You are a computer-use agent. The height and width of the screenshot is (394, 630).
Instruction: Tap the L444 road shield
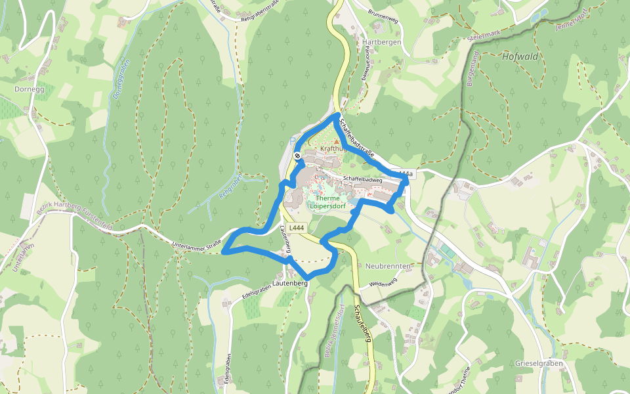coord(297,228)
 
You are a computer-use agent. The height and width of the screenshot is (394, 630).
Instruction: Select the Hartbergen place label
coord(381,41)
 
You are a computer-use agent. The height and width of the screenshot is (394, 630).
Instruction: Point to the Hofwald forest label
coord(519,56)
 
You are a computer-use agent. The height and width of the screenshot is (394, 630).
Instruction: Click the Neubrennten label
coord(388,266)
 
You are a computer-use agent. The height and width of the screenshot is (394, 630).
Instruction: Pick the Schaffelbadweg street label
coord(362,179)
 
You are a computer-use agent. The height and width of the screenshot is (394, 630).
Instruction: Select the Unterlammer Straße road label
coord(196,246)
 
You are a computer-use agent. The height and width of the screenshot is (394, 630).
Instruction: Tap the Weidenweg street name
coord(384,283)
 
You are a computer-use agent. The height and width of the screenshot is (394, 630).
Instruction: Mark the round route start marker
coord(297,156)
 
